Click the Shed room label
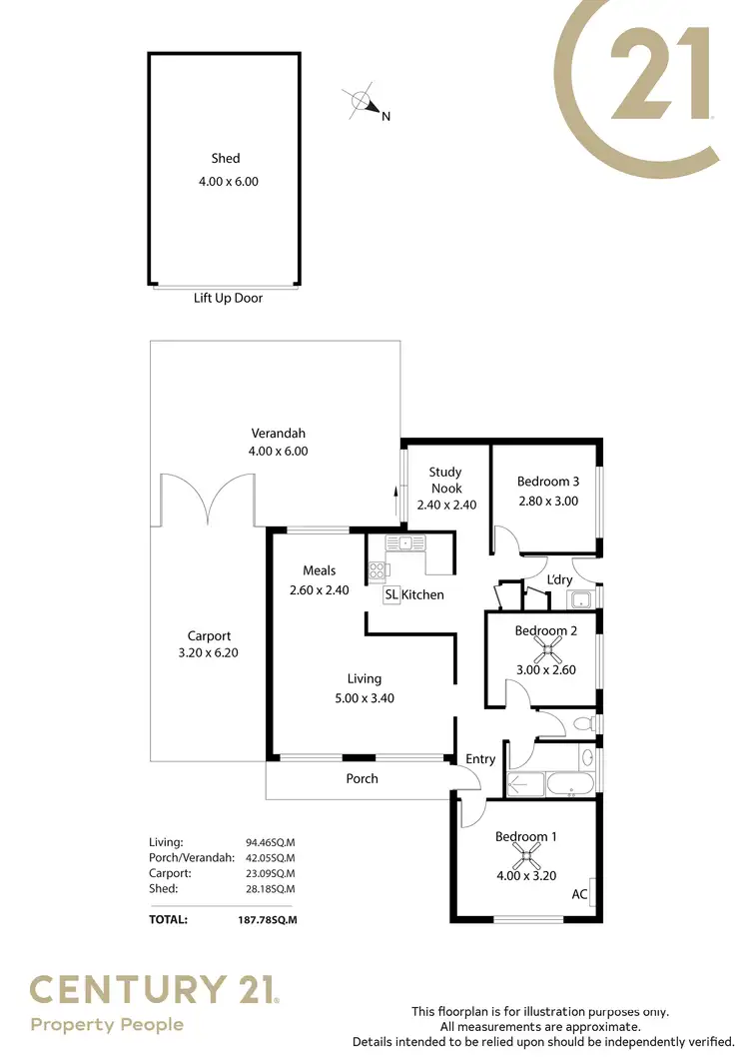(225, 158)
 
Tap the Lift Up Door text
(228, 298)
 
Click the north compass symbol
(362, 102)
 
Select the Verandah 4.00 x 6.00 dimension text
(278, 451)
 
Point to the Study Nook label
(445, 480)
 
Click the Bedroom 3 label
(548, 482)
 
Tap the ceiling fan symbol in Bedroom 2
(547, 650)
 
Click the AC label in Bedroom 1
(578, 895)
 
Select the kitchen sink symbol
(406, 543)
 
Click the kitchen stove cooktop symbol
(377, 571)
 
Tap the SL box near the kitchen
(391, 594)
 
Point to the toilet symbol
(587, 722)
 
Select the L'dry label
(559, 579)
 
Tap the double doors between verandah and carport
(208, 500)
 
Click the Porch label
(362, 778)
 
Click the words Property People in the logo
(107, 1024)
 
